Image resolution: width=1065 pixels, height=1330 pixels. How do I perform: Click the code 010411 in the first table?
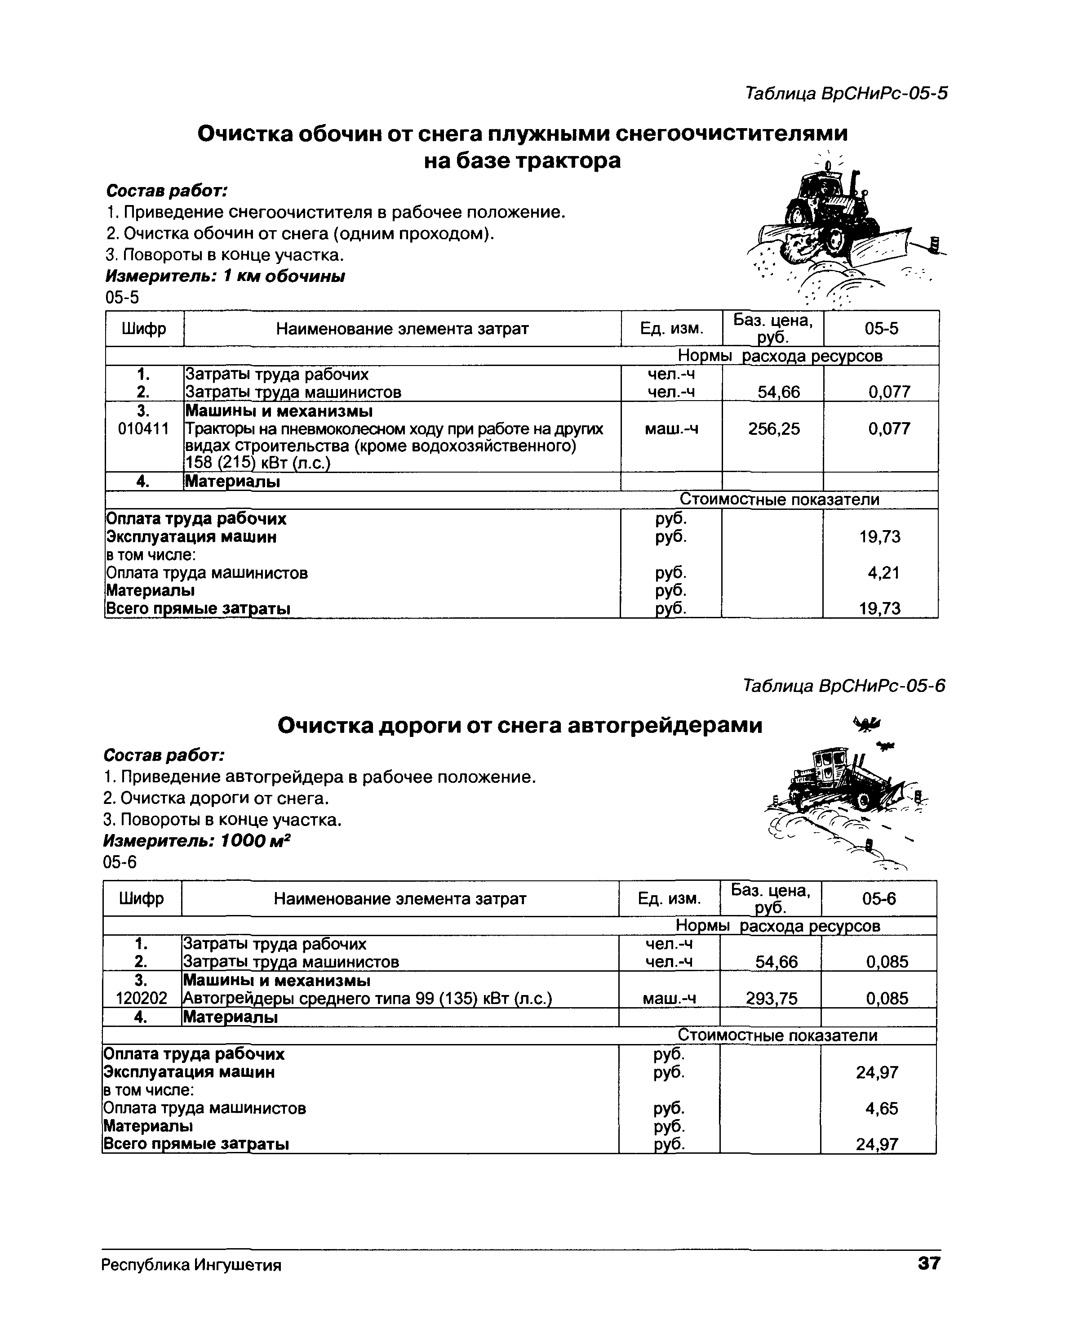point(143,429)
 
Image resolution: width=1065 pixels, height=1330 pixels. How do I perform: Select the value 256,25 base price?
point(773,429)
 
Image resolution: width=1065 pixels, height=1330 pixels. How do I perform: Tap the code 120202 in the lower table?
point(141,998)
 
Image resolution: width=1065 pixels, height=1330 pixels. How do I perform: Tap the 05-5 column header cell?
point(881,329)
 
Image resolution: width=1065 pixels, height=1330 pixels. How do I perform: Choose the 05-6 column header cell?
point(879,899)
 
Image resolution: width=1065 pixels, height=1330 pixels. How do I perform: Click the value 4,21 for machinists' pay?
point(884,573)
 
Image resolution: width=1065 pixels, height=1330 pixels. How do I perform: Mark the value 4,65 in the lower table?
point(881,1108)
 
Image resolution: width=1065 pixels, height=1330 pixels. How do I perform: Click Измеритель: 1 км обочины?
point(225,277)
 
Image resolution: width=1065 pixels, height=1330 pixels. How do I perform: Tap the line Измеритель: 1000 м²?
point(196,841)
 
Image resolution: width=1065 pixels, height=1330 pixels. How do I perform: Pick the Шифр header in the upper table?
point(144,329)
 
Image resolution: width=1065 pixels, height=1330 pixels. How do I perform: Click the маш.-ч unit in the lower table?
point(669,998)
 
